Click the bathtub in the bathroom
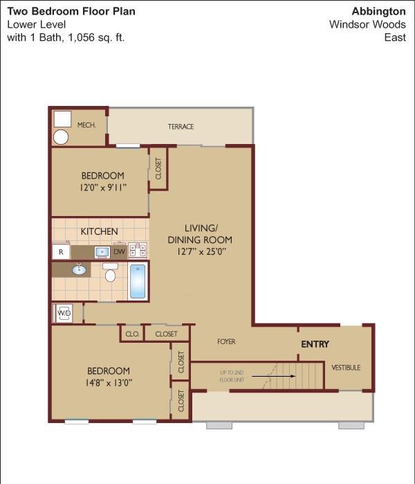pyautogui.click(x=138, y=281)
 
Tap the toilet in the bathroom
pyautogui.click(x=110, y=272)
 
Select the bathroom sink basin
pyautogui.click(x=79, y=270)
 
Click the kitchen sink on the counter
pyautogui.click(x=102, y=252)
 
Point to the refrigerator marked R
pyautogui.click(x=61, y=252)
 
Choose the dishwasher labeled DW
pyautogui.click(x=120, y=252)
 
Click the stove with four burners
pyautogui.click(x=138, y=250)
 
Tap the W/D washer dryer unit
pyautogui.click(x=64, y=313)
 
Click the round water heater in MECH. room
pyautogui.click(x=61, y=137)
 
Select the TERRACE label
pyautogui.click(x=181, y=127)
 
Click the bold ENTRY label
pyautogui.click(x=315, y=344)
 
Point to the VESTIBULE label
pyautogui.click(x=346, y=367)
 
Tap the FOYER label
pyautogui.click(x=226, y=341)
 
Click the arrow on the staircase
pyautogui.click(x=273, y=376)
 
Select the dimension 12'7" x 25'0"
pyautogui.click(x=201, y=251)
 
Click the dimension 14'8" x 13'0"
pyautogui.click(x=109, y=383)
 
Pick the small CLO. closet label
pyautogui.click(x=132, y=334)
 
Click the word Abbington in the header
pyautogui.click(x=378, y=11)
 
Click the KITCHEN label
pyautogui.click(x=100, y=231)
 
